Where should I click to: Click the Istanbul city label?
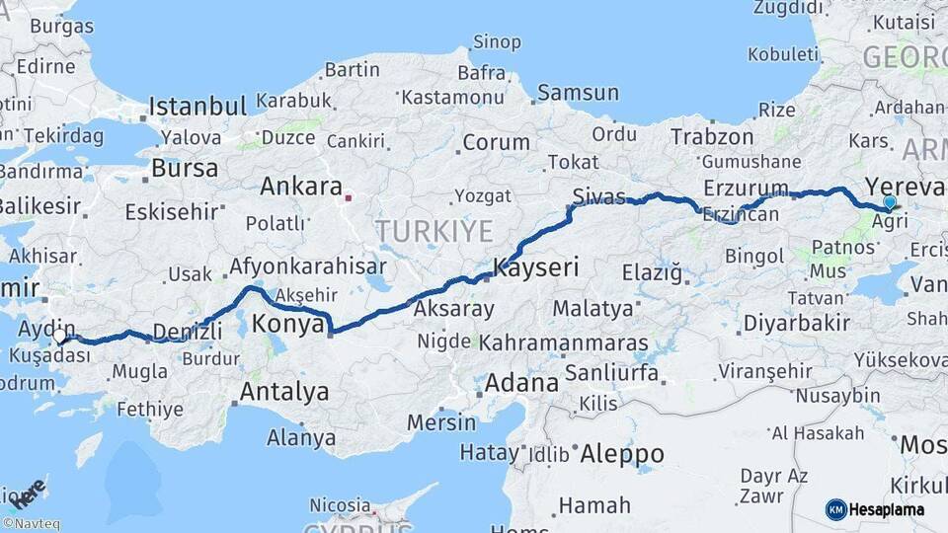(x=197, y=106)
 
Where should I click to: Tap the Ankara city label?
(x=300, y=187)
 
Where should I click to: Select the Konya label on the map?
(x=287, y=324)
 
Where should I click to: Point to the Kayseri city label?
(x=536, y=267)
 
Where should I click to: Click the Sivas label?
(x=599, y=194)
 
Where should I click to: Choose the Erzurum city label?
(x=746, y=188)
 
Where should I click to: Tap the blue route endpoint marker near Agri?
(x=890, y=202)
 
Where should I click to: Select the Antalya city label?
(x=284, y=392)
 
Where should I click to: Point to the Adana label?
(x=521, y=382)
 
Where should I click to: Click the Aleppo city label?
(x=621, y=454)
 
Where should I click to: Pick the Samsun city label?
(x=578, y=93)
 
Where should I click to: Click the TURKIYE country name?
(x=434, y=231)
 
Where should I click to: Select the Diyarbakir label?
(x=797, y=323)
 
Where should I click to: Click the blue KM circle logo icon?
(x=835, y=509)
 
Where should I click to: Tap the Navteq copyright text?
(x=31, y=524)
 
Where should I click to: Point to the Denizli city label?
(x=188, y=331)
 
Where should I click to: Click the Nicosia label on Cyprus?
(x=340, y=505)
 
